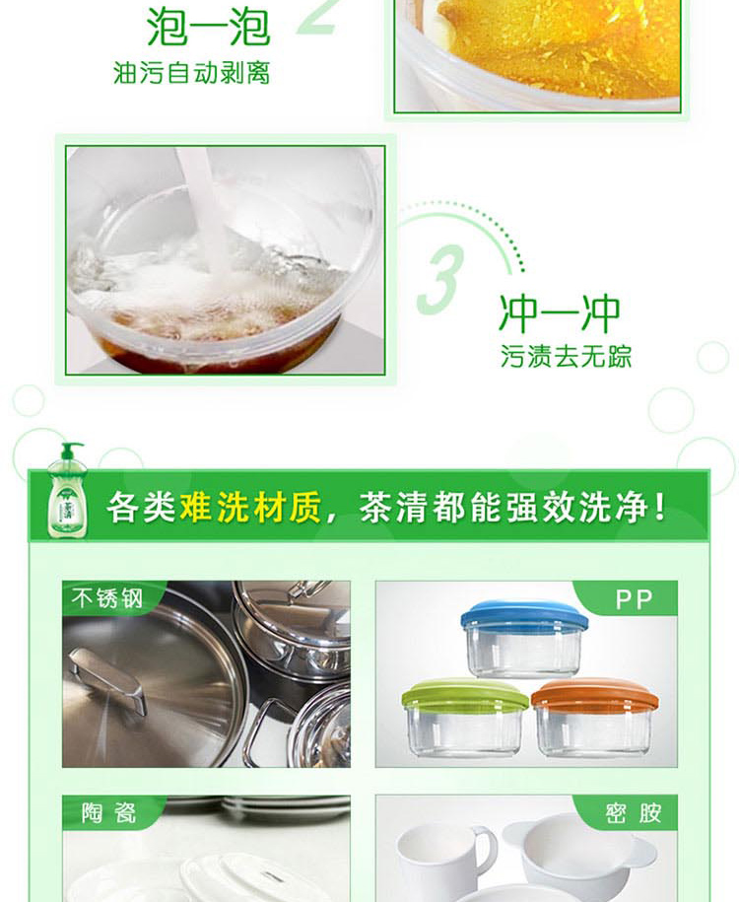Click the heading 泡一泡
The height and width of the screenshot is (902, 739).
click(x=208, y=27)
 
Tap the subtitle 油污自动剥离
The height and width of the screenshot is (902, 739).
click(x=191, y=73)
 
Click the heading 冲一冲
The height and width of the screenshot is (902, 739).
click(x=559, y=313)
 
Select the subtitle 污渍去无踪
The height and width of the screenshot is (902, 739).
click(x=566, y=356)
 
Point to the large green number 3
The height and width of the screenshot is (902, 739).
click(x=441, y=280)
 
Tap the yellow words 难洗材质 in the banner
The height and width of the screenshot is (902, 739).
click(x=250, y=507)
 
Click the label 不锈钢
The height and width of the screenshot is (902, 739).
click(x=107, y=598)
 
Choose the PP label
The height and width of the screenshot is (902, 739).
click(x=635, y=599)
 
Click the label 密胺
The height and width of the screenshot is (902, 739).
click(x=633, y=813)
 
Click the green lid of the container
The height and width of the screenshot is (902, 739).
click(x=465, y=694)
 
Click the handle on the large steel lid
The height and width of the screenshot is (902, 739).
click(x=107, y=679)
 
